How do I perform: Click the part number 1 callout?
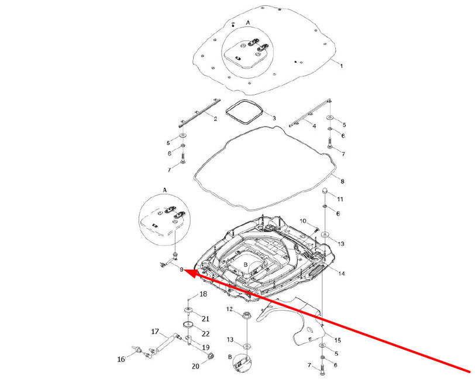[342, 66]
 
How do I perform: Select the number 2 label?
[215, 119]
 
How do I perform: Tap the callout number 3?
[273, 118]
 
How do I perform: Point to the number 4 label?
[314, 126]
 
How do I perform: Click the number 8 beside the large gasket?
[343, 181]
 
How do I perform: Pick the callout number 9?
[182, 270]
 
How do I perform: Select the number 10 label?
[303, 220]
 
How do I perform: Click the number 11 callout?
[340, 199]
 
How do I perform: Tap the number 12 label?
[230, 309]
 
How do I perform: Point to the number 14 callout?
[342, 274]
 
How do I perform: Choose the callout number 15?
[337, 340]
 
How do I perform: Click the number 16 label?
[121, 359]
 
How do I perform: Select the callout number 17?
[155, 332]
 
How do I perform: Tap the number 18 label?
[204, 294]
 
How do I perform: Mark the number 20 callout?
[195, 366]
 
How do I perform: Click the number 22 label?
[205, 333]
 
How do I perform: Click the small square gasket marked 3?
[245, 112]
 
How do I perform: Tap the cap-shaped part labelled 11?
[324, 192]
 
